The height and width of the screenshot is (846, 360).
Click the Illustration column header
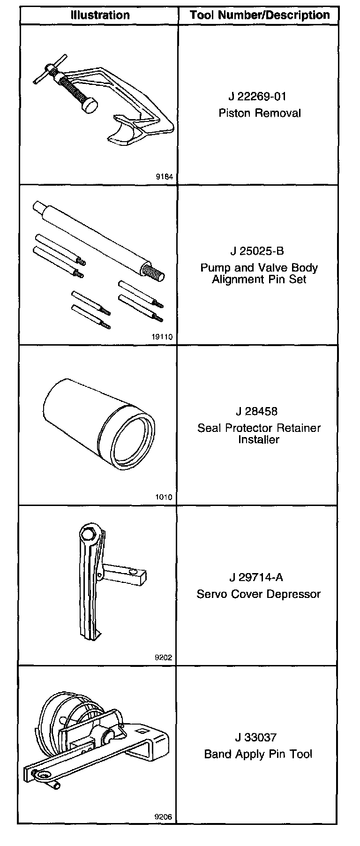tap(100, 15)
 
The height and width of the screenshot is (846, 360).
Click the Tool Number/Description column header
tap(259, 15)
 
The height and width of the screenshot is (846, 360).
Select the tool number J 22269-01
tap(257, 97)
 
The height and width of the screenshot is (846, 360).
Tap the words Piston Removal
tap(260, 113)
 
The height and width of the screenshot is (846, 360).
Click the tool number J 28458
tap(257, 411)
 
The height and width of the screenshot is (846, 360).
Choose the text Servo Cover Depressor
tap(259, 594)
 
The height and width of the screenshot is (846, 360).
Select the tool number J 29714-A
tap(256, 577)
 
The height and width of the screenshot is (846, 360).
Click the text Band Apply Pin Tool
tap(258, 754)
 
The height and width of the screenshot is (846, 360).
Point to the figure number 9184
tap(164, 177)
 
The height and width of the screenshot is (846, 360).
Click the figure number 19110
tap(162, 337)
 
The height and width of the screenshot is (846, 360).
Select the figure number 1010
tap(164, 497)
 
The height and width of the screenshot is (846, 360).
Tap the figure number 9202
tap(164, 657)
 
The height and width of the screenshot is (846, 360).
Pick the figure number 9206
tap(164, 817)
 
